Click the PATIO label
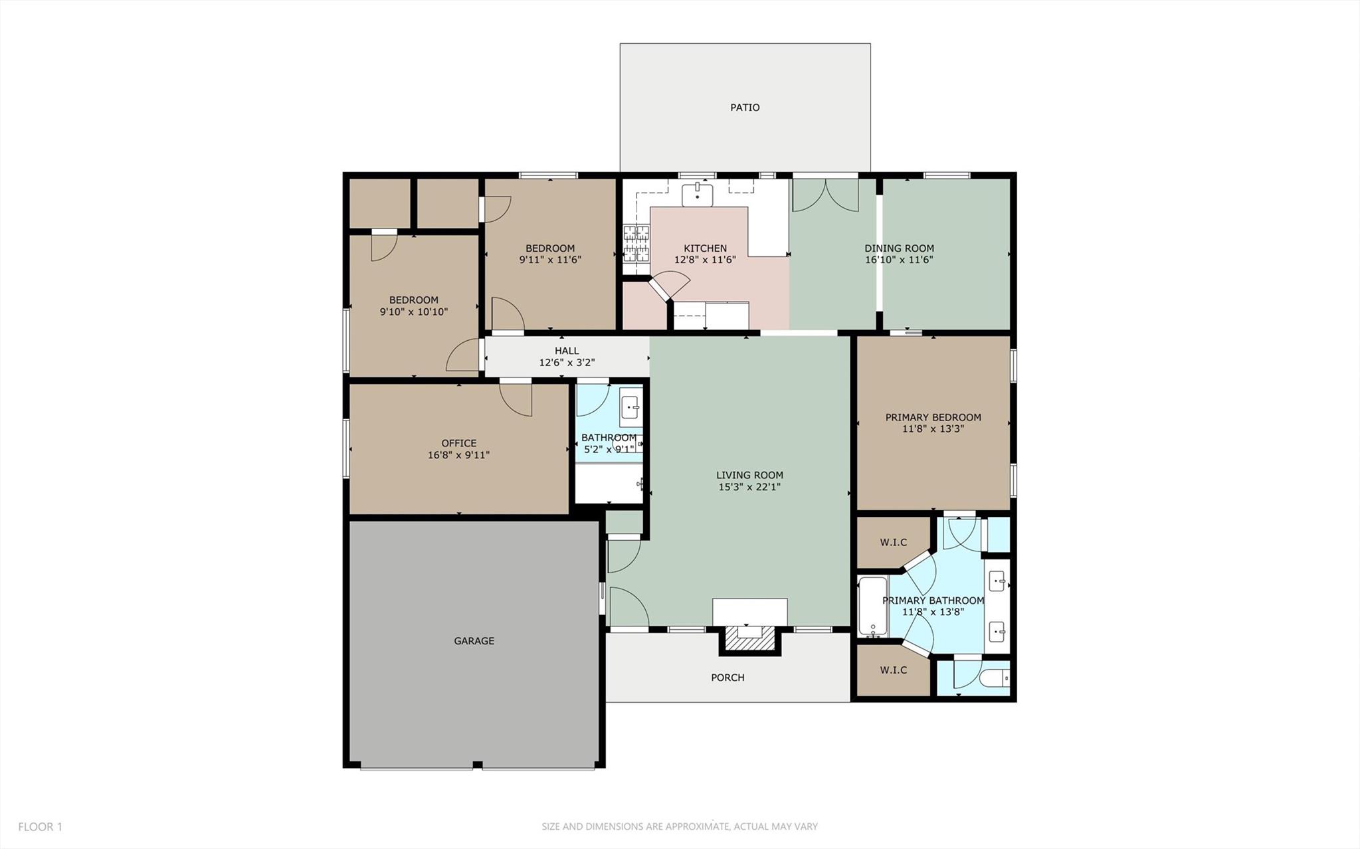tap(745, 108)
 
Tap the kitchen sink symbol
tap(697, 195)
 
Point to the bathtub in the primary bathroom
tap(872, 607)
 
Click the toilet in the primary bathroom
tap(995, 678)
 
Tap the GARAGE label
tap(474, 641)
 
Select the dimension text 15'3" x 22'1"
tap(749, 487)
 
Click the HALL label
tap(567, 351)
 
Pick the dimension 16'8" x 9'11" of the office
tap(458, 455)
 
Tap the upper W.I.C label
tap(893, 543)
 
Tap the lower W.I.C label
tap(893, 670)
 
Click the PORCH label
tap(728, 678)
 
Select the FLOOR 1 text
tap(40, 827)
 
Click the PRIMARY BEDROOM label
tap(933, 417)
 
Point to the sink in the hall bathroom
tap(630, 407)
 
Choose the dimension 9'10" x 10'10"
tap(413, 312)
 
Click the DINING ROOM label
tap(899, 248)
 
